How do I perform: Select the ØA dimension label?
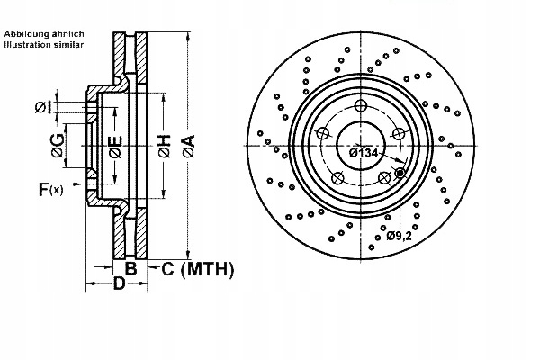click(187, 147)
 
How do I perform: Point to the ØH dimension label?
click(164, 147)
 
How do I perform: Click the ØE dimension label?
click(115, 147)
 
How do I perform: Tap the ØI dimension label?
click(42, 108)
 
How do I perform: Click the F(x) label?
click(50, 189)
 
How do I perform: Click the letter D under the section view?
click(118, 286)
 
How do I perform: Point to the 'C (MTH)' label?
click(196, 269)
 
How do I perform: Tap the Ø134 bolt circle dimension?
click(363, 153)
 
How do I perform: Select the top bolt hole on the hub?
click(361, 107)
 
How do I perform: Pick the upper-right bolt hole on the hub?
click(399, 134)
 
